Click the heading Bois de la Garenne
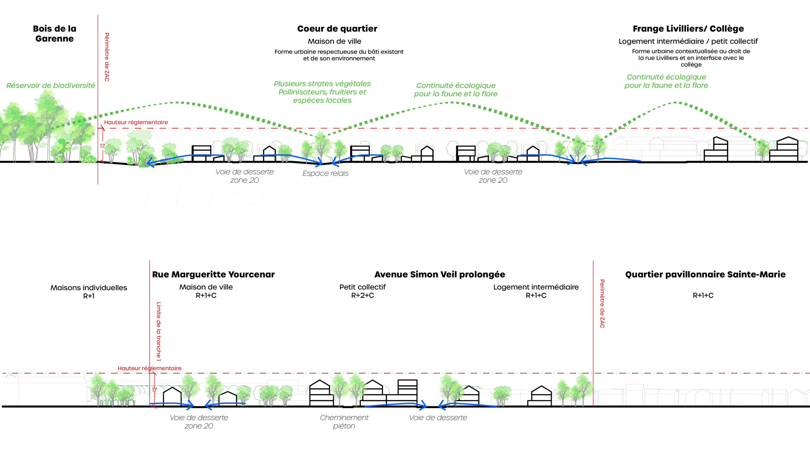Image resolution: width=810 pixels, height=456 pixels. [x=54, y=34]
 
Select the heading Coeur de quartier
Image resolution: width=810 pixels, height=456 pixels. [x=337, y=29]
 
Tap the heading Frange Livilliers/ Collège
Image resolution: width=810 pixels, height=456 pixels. [x=688, y=29]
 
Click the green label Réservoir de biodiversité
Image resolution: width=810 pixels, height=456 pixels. [x=51, y=85]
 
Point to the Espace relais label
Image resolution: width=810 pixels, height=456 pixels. [x=325, y=174]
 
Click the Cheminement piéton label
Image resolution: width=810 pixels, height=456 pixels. [x=344, y=422]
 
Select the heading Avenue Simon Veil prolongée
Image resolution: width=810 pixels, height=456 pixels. [x=439, y=275]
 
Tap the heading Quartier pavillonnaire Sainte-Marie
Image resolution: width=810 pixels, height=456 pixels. [x=705, y=275]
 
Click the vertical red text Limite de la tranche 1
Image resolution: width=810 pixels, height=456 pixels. [x=159, y=331]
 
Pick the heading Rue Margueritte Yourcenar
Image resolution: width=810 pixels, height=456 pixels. [x=213, y=275]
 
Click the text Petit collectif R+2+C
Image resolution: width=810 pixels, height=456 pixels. [x=362, y=291]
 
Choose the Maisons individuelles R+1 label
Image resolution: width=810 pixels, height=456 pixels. [x=89, y=292]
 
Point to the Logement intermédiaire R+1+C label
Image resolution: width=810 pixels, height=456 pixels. [x=536, y=291]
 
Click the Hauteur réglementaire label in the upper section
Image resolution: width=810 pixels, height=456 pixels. [x=136, y=122]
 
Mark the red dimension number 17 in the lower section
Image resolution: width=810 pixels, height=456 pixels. [x=154, y=390]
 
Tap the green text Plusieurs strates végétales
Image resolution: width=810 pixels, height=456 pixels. [x=322, y=84]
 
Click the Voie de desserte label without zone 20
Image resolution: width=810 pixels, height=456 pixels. [x=438, y=418]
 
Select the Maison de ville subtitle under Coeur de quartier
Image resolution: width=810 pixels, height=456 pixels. [x=334, y=41]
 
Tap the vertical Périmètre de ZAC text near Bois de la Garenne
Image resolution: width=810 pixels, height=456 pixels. [x=107, y=57]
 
